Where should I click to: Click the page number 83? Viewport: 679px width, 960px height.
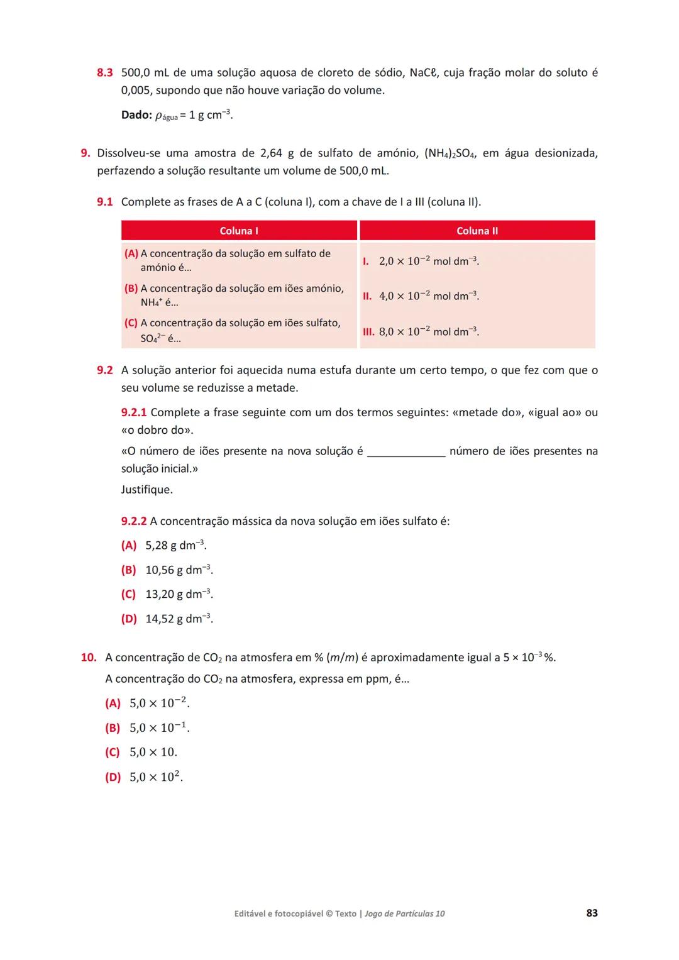[592, 913]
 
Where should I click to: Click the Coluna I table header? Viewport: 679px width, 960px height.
[239, 231]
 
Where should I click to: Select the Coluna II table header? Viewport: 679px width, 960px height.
[477, 231]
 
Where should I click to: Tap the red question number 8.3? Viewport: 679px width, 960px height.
[104, 73]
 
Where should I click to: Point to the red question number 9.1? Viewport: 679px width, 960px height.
[104, 202]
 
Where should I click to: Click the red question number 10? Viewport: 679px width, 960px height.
[89, 658]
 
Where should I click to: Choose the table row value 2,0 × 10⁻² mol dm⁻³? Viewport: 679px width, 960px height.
[428, 261]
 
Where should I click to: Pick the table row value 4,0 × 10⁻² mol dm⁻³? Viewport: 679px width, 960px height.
[428, 295]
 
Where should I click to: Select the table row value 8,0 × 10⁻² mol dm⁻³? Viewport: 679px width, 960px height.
[428, 331]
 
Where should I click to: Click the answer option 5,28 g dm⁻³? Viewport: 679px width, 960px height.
[175, 546]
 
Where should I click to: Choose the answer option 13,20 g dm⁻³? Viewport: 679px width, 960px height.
[179, 594]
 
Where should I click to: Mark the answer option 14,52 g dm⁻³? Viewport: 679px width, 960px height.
[179, 619]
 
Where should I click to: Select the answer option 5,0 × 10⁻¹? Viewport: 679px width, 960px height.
[159, 728]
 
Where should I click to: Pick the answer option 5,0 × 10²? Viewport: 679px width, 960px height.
[156, 777]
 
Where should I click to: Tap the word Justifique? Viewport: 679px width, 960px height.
[146, 490]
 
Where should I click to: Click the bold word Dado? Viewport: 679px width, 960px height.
[136, 115]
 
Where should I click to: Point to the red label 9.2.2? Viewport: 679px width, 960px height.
[134, 521]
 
